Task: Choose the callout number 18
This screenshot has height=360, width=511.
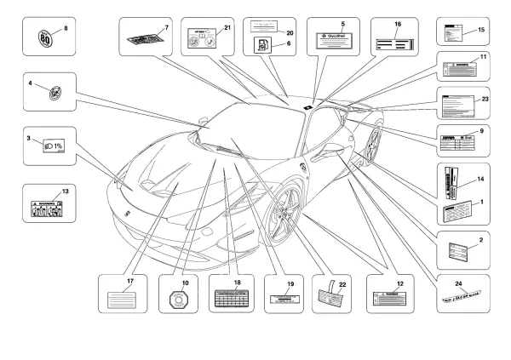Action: pyautogui.click(x=238, y=282)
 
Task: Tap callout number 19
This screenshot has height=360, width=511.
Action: pyautogui.click(x=290, y=282)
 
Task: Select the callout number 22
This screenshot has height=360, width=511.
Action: pyautogui.click(x=343, y=284)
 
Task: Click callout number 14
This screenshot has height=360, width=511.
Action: pyautogui.click(x=480, y=179)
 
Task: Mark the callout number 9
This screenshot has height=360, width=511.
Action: pyautogui.click(x=481, y=131)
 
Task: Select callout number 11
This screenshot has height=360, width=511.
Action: pyautogui.click(x=483, y=57)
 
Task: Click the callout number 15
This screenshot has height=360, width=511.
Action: pyautogui.click(x=480, y=30)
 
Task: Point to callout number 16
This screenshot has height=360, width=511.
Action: pyautogui.click(x=398, y=24)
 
